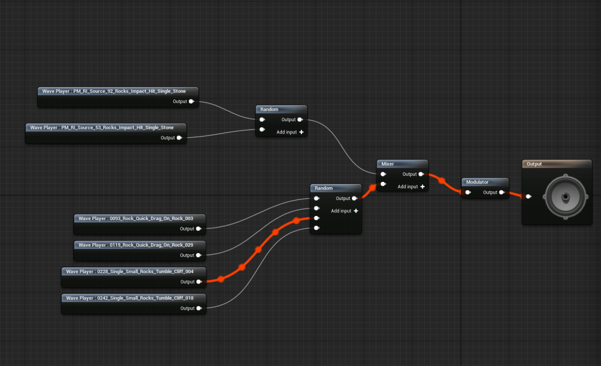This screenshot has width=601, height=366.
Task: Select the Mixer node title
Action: pos(388,164)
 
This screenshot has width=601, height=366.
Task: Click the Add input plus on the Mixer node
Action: pos(422,187)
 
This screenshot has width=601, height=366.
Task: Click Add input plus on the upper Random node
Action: pos(301,132)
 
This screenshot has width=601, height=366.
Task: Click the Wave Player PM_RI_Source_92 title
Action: pos(118,91)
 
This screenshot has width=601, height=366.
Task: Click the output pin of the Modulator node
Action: pos(502,192)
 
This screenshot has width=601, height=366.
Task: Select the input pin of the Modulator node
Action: pos(468,192)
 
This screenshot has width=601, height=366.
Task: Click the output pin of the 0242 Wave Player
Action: pos(199,308)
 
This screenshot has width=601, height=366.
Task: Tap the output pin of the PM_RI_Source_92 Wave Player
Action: pos(192,101)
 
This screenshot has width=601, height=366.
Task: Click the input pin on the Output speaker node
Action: pos(529,197)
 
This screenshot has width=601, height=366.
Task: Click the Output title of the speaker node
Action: pos(534,164)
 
